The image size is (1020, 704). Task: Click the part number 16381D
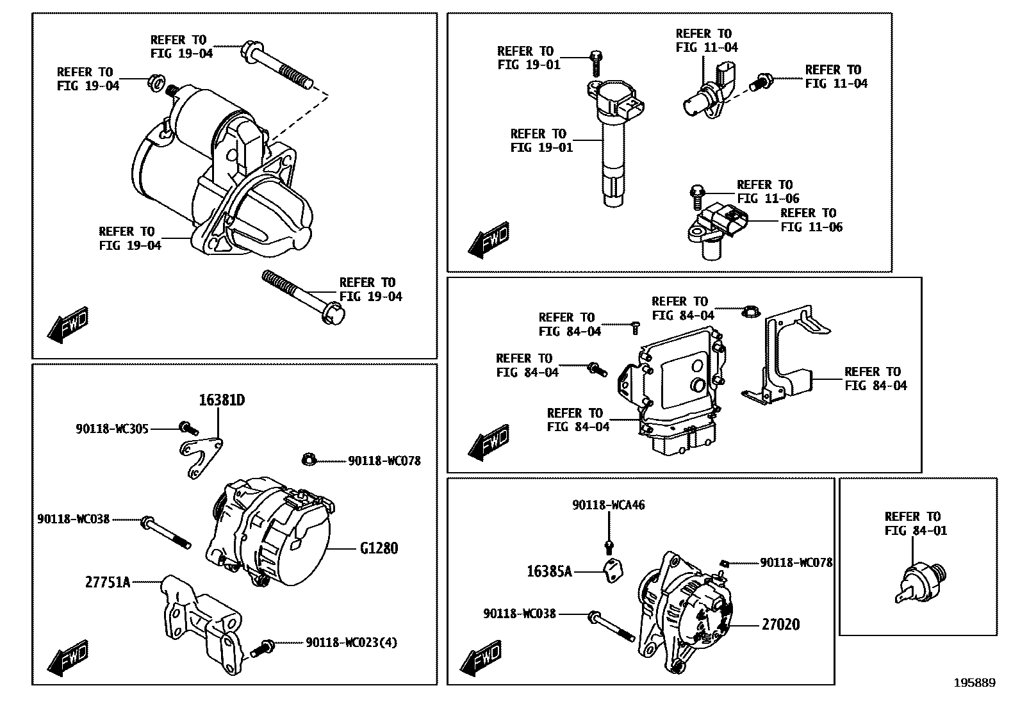(222, 400)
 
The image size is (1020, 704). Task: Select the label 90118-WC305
(112, 429)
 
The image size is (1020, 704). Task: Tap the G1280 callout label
(379, 548)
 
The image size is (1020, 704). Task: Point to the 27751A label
(108, 582)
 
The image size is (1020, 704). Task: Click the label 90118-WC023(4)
(351, 643)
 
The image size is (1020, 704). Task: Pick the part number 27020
(780, 625)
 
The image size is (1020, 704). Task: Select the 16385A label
(549, 571)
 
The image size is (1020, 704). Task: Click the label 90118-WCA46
(609, 505)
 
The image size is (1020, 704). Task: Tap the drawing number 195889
(975, 683)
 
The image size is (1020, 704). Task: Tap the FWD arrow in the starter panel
(68, 325)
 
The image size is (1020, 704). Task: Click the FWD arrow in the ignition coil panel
(488, 241)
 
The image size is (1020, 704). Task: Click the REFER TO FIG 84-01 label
(916, 523)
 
